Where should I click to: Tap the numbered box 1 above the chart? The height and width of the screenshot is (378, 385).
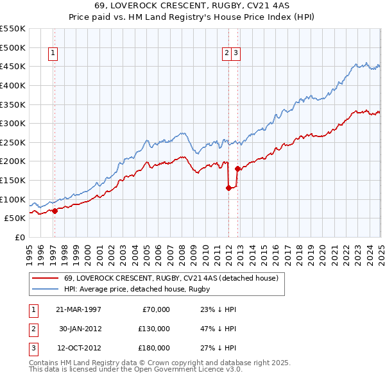coord(53,54)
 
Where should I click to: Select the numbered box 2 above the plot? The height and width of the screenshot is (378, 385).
coord(227,54)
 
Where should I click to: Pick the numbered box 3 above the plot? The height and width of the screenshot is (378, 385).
coord(236,54)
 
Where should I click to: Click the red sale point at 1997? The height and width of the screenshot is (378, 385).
coord(55,210)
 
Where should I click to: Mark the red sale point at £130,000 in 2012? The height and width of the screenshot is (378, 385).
coord(228,188)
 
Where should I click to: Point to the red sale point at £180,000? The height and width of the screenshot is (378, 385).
coord(237,168)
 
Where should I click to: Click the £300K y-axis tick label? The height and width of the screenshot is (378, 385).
coord(13,123)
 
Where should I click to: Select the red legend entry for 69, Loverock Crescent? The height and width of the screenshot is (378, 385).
coord(170,278)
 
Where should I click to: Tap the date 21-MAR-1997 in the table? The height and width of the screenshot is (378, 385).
coord(79,309)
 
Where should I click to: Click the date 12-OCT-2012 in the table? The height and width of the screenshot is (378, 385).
coord(79,349)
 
